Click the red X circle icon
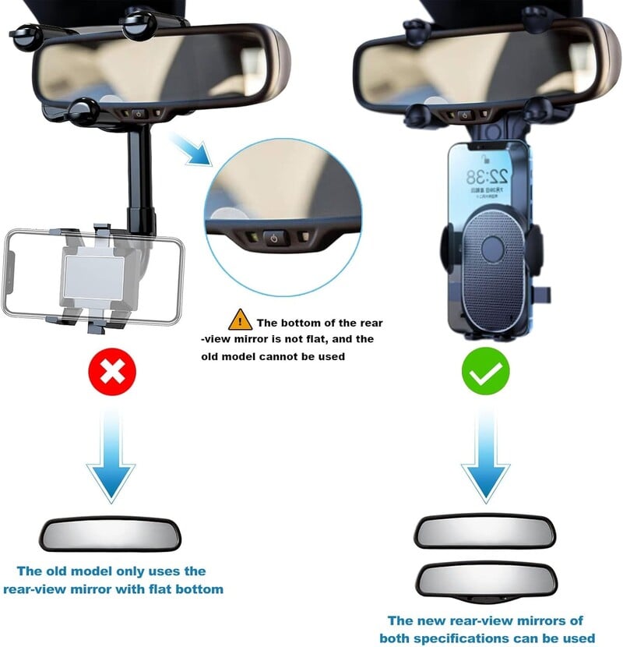pyautogui.click(x=113, y=373)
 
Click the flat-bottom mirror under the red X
pyautogui.click(x=110, y=536)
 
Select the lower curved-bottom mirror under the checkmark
pyautogui.click(x=484, y=580)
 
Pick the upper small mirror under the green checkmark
pyautogui.click(x=484, y=532)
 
